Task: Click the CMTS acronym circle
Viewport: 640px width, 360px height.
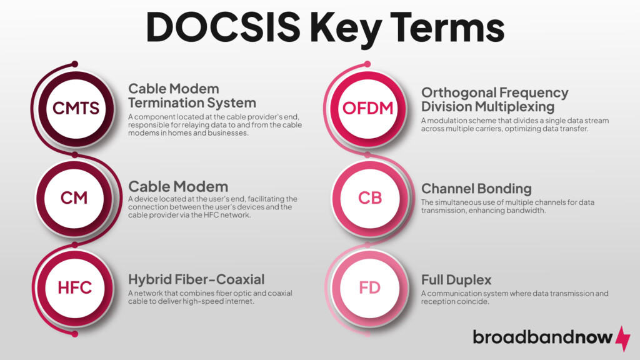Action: click(x=76, y=108)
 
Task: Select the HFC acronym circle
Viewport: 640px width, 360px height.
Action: click(x=74, y=287)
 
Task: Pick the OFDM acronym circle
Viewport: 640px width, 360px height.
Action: click(x=368, y=108)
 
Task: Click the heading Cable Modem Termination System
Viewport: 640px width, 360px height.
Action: click(x=192, y=96)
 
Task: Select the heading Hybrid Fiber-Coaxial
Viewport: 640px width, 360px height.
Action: click(x=196, y=279)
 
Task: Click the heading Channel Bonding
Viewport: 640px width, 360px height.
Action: click(x=476, y=188)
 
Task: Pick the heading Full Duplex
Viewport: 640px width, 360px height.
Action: click(x=456, y=279)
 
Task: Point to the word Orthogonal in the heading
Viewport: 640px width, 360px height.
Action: click(x=461, y=93)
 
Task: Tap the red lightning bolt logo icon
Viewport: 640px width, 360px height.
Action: click(x=623, y=337)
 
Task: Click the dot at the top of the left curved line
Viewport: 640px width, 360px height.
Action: click(x=75, y=64)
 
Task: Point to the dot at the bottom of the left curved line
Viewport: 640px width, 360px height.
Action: click(x=75, y=334)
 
